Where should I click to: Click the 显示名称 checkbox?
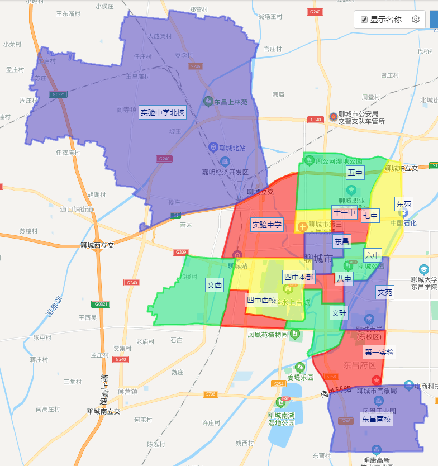(364, 20)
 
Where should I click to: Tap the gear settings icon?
(416, 20)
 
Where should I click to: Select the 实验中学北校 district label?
(162, 112)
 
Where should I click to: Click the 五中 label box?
(355, 172)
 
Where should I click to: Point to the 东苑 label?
(403, 203)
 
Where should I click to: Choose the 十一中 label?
(344, 212)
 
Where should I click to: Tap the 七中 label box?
(370, 216)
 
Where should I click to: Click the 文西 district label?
(215, 285)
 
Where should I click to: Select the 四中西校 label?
(261, 300)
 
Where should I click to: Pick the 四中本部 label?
(299, 277)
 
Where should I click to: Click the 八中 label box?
(344, 278)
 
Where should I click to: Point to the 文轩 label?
(339, 312)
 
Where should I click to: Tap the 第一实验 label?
(379, 352)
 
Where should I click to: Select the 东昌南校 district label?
(376, 419)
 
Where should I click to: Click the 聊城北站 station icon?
(212, 148)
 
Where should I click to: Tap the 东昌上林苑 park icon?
(208, 102)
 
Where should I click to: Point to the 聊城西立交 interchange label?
(97, 245)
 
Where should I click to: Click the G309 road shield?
(180, 252)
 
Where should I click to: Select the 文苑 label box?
(385, 292)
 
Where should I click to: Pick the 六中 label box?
(373, 255)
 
